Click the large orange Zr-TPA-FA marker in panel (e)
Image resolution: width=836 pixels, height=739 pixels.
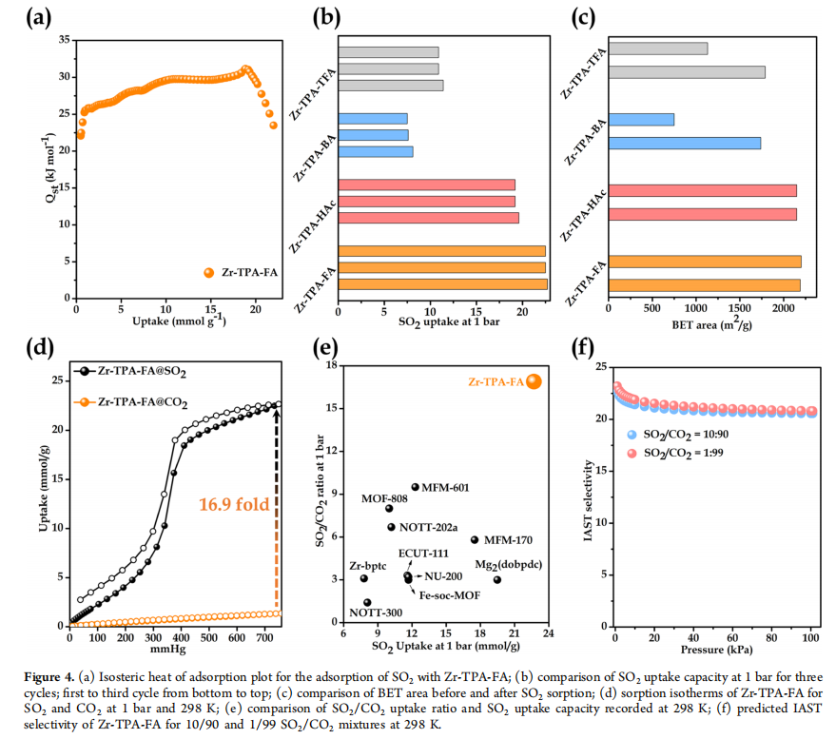click(x=534, y=381)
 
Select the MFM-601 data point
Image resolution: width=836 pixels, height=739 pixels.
click(x=416, y=487)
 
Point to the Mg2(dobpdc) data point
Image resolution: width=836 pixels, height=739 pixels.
click(x=497, y=580)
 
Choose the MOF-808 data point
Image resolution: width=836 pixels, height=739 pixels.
click(x=389, y=509)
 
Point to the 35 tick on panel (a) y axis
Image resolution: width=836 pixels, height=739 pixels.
click(x=62, y=39)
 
